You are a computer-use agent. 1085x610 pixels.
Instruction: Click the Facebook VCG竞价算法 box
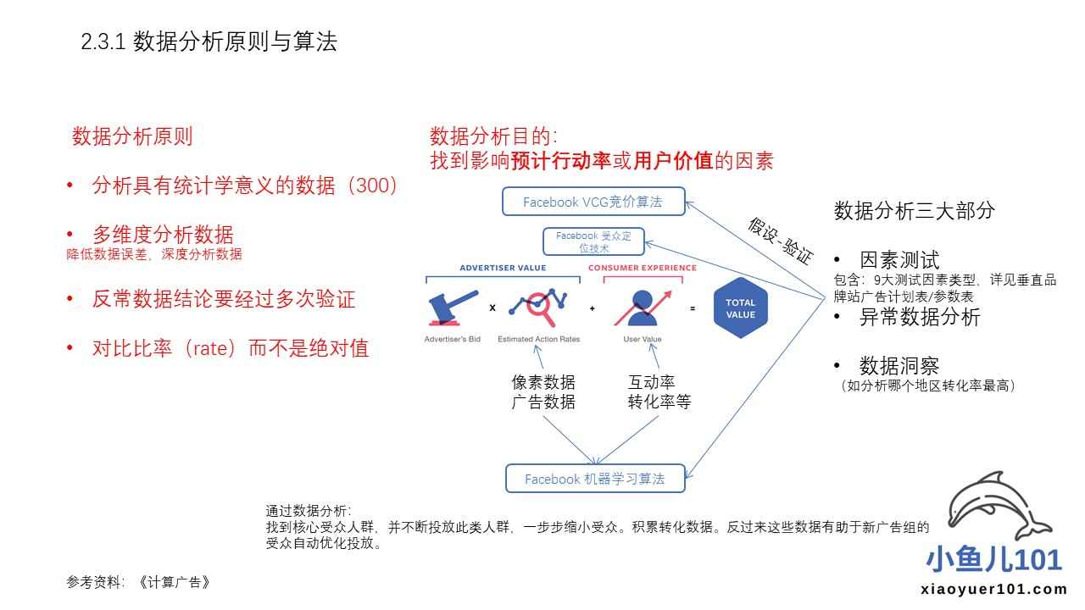pos(593,202)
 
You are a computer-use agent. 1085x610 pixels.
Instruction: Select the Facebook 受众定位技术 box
pos(593,241)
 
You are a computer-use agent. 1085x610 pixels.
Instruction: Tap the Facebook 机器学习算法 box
pos(594,479)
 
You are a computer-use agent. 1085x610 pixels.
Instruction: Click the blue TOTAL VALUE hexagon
pos(740,308)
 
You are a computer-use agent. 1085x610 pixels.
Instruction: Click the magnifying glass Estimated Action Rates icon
pos(539,308)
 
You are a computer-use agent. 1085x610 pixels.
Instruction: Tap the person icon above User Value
pos(643,308)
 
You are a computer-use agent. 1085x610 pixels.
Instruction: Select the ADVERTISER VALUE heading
pos(503,268)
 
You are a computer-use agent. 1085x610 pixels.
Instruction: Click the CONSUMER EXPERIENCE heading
pos(643,268)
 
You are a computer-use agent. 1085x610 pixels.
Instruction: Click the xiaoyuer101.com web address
pos(993,590)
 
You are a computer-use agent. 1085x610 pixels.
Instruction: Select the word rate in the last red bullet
pos(214,347)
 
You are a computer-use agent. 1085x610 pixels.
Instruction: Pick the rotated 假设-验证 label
pos(780,241)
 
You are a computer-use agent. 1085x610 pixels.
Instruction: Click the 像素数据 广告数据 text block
pos(543,392)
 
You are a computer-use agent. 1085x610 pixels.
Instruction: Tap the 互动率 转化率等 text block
pos(659,392)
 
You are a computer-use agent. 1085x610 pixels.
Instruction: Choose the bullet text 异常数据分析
pos(920,317)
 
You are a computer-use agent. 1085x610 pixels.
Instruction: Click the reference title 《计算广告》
pos(173,582)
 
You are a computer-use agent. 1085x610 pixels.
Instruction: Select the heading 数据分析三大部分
pos(914,211)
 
